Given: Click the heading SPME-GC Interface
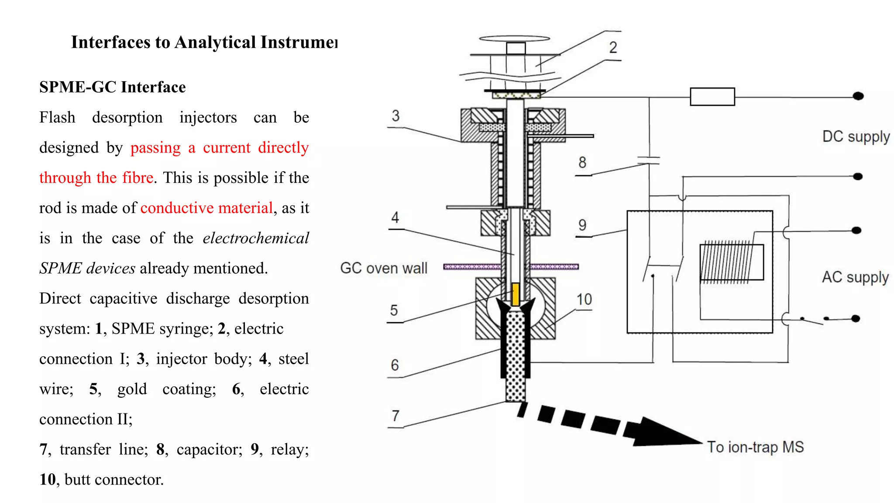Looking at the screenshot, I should point(112,87).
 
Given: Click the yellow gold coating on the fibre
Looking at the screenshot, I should point(515,294).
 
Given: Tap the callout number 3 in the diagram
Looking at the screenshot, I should point(395,116).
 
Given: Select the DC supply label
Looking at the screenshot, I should point(856,137).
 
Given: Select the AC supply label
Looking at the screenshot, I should point(855,277).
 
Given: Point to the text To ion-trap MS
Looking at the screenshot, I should point(755,447).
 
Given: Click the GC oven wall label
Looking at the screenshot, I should point(383,268).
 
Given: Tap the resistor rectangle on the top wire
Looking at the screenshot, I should point(712,96).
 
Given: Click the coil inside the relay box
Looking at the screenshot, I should point(726,262).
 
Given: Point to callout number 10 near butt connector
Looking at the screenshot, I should point(584,300).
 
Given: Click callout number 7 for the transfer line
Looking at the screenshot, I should point(395,416).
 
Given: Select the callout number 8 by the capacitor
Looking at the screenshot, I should point(582,163).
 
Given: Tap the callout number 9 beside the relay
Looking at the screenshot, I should point(582,225).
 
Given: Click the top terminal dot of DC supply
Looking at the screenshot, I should point(858,96).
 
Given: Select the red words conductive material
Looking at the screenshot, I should point(206,208).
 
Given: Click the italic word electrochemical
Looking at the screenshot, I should point(256,238).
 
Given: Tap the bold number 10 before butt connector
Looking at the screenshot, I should point(48,479).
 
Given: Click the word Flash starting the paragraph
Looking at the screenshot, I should point(57,117).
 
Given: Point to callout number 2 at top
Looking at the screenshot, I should point(613,48).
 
